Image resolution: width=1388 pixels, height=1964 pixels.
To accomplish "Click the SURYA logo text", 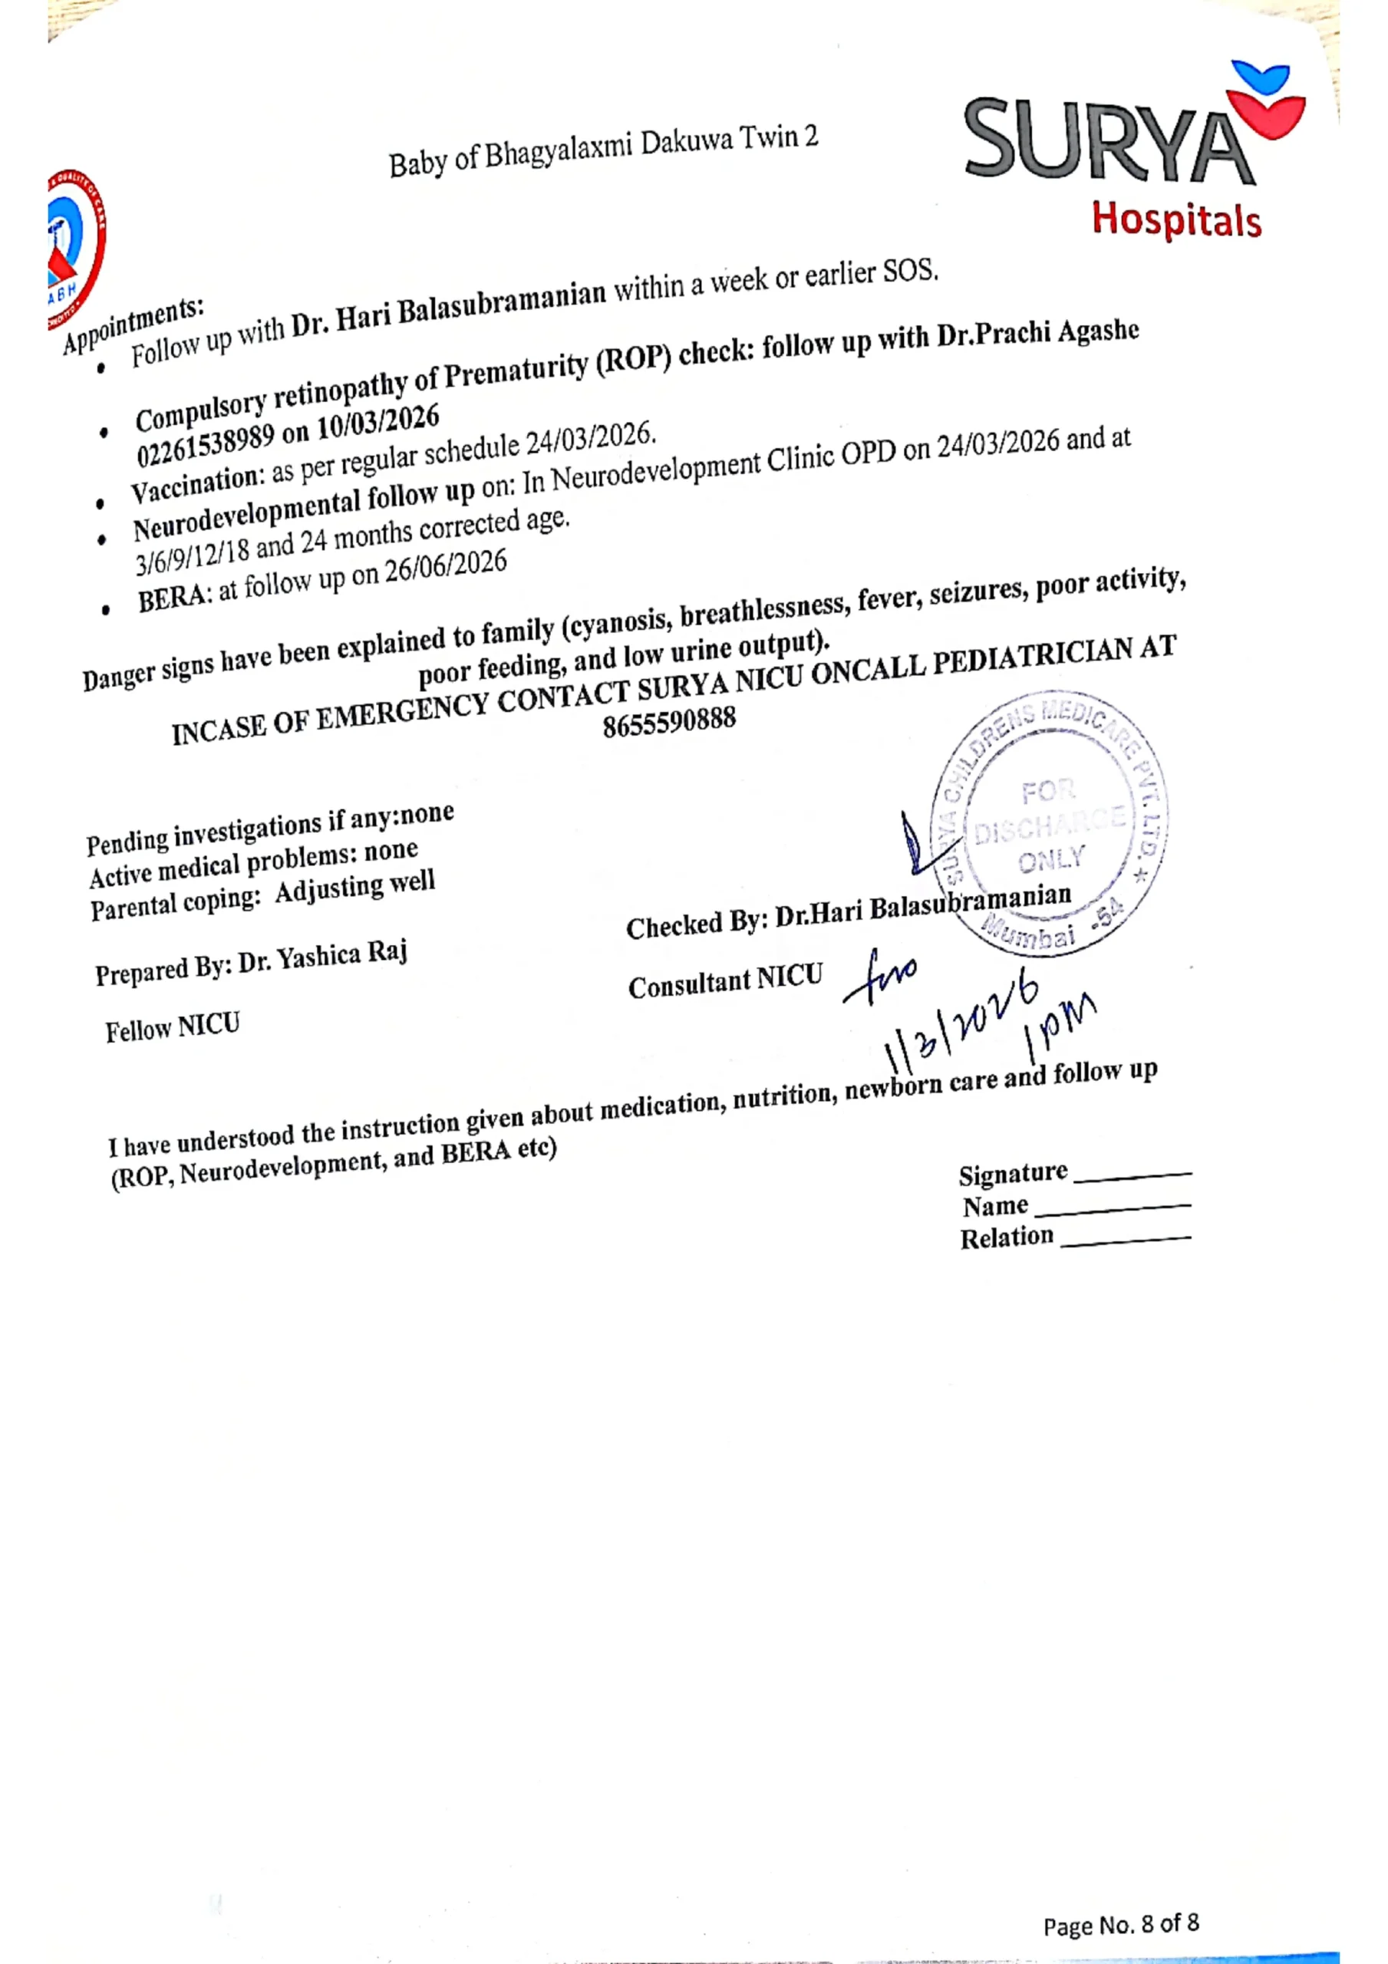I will point(1108,140).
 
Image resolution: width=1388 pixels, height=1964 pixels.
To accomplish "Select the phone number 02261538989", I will point(206,444).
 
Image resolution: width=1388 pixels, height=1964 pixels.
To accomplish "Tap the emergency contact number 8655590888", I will point(668,721).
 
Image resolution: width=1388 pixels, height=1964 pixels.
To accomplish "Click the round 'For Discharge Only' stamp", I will point(1049,823).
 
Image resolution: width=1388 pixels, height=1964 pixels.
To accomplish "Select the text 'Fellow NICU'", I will point(172,1027).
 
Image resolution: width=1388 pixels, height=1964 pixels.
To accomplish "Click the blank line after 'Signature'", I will point(1131,1176).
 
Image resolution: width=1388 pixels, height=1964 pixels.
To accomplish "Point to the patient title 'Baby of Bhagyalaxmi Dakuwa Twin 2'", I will point(602,150).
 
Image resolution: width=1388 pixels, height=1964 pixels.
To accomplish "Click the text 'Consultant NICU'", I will point(725,982).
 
